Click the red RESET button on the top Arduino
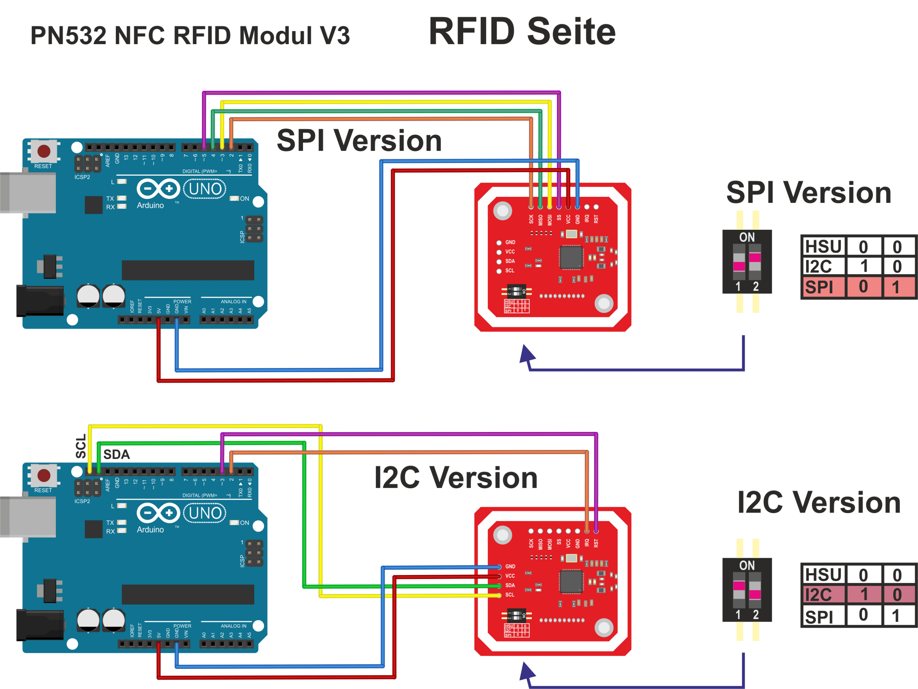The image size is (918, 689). [x=44, y=151]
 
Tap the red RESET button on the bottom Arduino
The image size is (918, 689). [x=44, y=475]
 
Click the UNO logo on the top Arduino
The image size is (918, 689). [x=205, y=189]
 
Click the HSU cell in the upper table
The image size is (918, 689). [x=823, y=247]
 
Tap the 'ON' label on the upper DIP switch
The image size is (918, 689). [x=747, y=237]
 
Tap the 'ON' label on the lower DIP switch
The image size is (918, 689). [x=747, y=565]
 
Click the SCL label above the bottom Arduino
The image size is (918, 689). [x=81, y=446]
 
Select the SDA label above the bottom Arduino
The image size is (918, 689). [x=117, y=455]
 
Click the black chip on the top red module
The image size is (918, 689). [x=571, y=257]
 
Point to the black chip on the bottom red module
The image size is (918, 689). [x=571, y=581]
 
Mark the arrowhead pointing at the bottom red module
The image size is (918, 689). [x=527, y=672]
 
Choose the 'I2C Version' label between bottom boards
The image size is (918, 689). [x=456, y=477]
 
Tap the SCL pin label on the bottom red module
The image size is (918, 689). [x=510, y=595]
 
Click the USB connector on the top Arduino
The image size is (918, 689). [x=28, y=193]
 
